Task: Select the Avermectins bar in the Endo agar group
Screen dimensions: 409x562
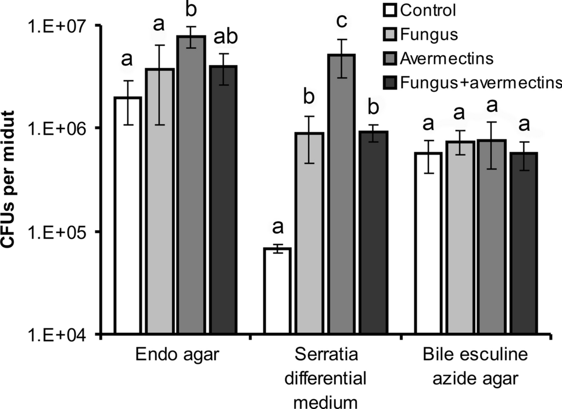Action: pos(191,185)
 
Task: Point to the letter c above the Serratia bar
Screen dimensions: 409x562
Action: pos(342,22)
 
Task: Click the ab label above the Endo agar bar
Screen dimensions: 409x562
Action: pos(224,38)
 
